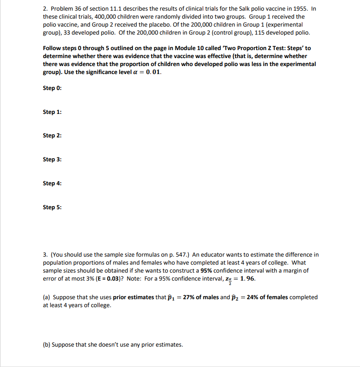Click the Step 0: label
pos(52,88)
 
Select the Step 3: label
pos(52,159)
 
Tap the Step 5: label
pos(52,207)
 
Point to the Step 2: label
pos(52,136)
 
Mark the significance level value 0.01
pos(153,72)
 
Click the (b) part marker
pos(46,344)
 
